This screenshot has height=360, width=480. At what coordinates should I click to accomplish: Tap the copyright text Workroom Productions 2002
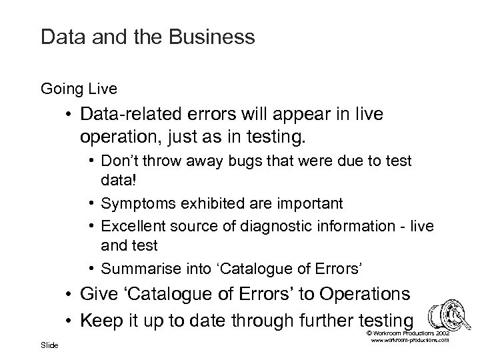(x=409, y=332)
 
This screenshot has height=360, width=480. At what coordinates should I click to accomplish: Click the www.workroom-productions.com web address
(x=409, y=340)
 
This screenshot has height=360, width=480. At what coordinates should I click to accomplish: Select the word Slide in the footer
(x=49, y=345)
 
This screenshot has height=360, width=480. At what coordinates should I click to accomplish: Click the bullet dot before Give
(x=69, y=295)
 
